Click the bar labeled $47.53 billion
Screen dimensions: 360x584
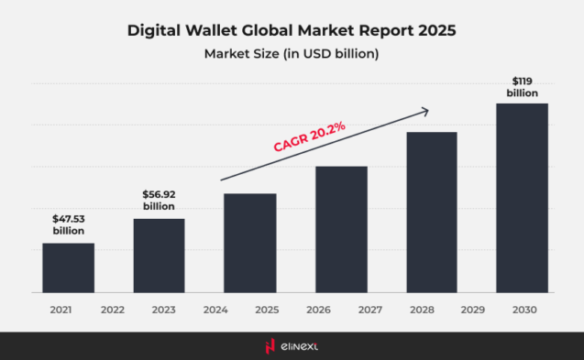(x=68, y=267)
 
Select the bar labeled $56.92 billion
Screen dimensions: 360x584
(x=159, y=256)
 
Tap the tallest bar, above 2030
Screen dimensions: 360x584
(x=522, y=198)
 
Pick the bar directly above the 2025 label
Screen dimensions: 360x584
(x=249, y=243)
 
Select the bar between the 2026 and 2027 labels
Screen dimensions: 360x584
(x=341, y=229)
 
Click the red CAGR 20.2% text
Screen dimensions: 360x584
(x=308, y=136)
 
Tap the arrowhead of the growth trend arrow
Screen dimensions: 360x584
(x=424, y=111)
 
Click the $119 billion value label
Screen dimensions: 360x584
(x=522, y=87)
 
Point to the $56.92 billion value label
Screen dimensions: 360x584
(x=159, y=201)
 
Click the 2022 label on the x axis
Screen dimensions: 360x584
(x=113, y=310)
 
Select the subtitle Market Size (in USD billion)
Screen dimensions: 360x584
(x=292, y=54)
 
